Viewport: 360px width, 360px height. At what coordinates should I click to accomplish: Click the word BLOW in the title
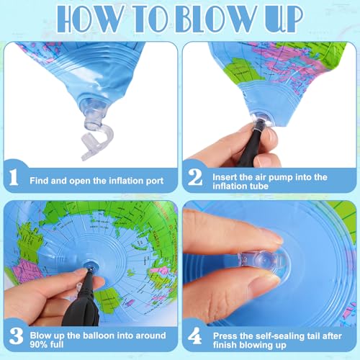tap(223, 20)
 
